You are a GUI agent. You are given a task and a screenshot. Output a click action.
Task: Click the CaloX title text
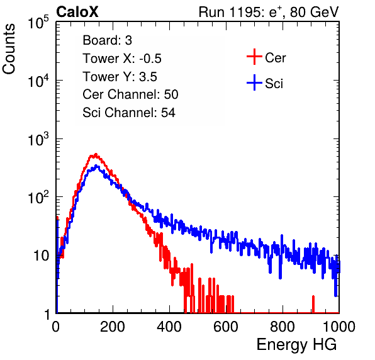click(x=77, y=12)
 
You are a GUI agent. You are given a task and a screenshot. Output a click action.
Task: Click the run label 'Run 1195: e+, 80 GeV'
click(x=269, y=12)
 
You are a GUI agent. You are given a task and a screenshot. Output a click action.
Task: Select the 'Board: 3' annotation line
click(x=107, y=40)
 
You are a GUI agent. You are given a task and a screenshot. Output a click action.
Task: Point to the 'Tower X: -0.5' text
click(x=122, y=59)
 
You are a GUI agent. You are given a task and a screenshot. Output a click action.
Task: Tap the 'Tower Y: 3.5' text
click(x=120, y=77)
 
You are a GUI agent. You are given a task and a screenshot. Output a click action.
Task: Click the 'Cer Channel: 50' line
click(x=130, y=94)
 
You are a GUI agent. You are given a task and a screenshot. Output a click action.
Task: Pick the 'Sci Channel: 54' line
click(x=129, y=113)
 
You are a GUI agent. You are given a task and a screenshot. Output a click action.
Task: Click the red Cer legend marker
click(x=254, y=57)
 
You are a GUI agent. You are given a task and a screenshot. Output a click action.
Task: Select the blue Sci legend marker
click(x=254, y=82)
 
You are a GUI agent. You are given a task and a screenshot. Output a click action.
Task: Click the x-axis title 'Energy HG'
click(x=296, y=345)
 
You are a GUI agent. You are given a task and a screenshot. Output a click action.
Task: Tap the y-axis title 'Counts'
click(x=9, y=49)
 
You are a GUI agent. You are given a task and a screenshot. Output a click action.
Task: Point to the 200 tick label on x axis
click(x=113, y=326)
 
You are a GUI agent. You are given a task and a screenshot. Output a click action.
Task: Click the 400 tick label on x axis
click(x=169, y=326)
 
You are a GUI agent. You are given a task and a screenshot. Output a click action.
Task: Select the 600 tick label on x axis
click(x=226, y=326)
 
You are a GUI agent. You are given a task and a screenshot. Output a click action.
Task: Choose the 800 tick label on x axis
click(x=283, y=326)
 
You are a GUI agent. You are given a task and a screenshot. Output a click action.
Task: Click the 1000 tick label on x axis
click(x=339, y=326)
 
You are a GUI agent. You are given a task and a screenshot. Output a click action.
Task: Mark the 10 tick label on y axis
click(x=41, y=256)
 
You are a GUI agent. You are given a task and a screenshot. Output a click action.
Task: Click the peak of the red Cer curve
click(x=96, y=154)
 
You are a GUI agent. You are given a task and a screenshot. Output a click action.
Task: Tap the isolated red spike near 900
click(x=313, y=304)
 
